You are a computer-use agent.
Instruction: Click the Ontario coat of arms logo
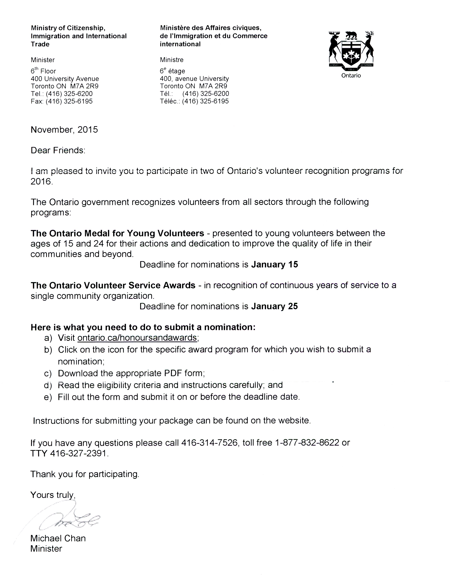point(351,49)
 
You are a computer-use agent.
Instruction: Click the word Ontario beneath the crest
point(351,76)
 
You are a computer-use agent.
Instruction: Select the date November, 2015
point(64,130)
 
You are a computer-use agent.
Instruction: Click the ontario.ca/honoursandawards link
point(137,338)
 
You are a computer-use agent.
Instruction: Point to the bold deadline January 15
point(274,265)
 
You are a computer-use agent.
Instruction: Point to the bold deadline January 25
point(274,306)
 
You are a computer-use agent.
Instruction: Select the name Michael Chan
point(58,538)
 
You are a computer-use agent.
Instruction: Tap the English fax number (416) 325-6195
point(69,101)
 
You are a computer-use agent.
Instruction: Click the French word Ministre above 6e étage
point(172,60)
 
